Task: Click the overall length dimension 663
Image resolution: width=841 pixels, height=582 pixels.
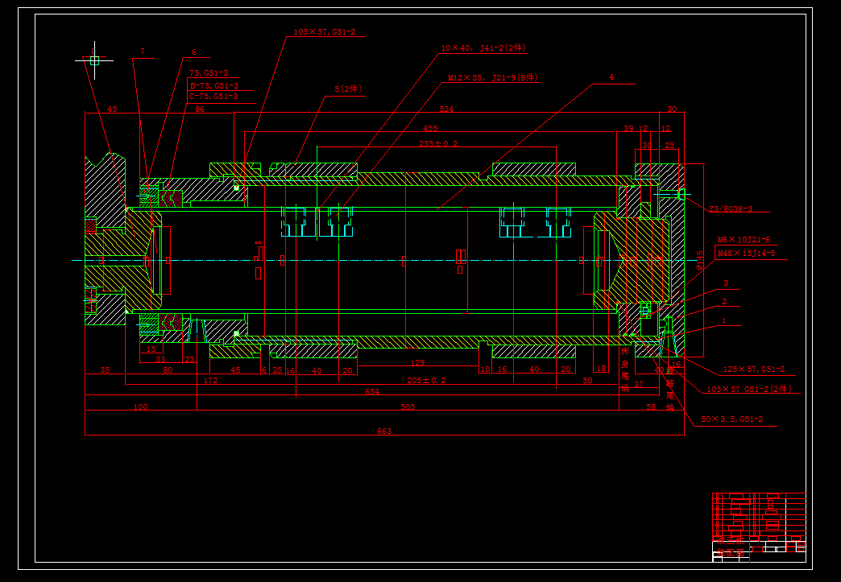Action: pyautogui.click(x=384, y=431)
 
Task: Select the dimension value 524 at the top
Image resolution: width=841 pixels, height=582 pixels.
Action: pyautogui.click(x=446, y=109)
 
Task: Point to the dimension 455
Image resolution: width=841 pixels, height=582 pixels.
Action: pyautogui.click(x=430, y=128)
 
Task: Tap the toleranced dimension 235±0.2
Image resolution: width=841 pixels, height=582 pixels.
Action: pyautogui.click(x=438, y=143)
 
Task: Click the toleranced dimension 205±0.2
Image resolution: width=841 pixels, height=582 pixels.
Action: pyautogui.click(x=426, y=380)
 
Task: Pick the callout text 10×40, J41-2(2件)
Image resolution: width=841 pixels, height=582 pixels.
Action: pyautogui.click(x=483, y=48)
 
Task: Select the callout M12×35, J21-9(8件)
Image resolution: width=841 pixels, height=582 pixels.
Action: pyautogui.click(x=493, y=79)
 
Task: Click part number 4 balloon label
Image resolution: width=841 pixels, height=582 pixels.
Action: pyautogui.click(x=611, y=77)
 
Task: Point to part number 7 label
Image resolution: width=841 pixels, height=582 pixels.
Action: pyautogui.click(x=143, y=52)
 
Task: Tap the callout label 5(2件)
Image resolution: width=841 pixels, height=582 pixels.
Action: pyautogui.click(x=349, y=89)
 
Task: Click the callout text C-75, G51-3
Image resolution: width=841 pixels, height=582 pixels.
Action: pyautogui.click(x=213, y=97)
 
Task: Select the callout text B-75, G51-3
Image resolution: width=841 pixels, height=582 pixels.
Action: pyautogui.click(x=213, y=85)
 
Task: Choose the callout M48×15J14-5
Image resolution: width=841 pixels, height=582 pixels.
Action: pyautogui.click(x=746, y=254)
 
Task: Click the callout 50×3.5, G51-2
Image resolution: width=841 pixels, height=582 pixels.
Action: pyautogui.click(x=731, y=419)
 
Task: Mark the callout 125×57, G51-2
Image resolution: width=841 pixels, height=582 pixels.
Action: pyautogui.click(x=753, y=369)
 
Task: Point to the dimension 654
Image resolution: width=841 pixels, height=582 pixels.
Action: pyautogui.click(x=372, y=391)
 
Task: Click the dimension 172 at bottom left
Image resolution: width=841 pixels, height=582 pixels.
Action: pyautogui.click(x=210, y=380)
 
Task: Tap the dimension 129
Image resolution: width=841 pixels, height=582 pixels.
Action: pyautogui.click(x=417, y=364)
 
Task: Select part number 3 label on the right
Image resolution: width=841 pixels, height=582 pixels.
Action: pyautogui.click(x=726, y=283)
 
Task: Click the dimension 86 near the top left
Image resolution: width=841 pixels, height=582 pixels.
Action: pyautogui.click(x=200, y=109)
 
